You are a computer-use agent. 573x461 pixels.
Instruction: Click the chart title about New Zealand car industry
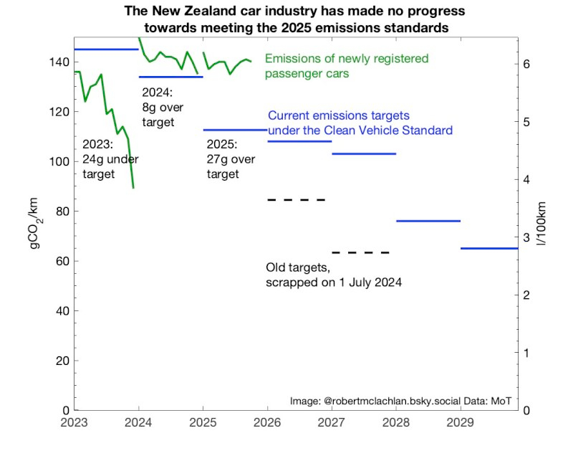294,20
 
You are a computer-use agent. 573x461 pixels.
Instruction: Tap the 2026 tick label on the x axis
267,422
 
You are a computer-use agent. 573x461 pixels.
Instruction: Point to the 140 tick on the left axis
61,62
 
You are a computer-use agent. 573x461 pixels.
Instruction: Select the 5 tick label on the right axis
526,122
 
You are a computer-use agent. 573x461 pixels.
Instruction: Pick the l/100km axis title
542,227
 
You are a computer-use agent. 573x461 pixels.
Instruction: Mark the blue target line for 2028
428,221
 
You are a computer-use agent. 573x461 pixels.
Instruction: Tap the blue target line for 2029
488,248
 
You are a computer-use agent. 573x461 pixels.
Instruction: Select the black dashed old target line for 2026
297,199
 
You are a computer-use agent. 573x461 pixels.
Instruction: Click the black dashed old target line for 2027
361,252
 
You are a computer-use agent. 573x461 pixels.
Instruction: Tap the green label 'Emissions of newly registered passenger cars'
347,65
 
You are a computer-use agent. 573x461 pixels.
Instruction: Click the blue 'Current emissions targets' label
360,123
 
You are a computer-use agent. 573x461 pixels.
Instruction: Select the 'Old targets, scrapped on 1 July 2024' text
333,275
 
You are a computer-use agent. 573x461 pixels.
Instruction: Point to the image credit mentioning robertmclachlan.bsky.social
401,400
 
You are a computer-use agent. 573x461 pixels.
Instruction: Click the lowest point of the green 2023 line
133,188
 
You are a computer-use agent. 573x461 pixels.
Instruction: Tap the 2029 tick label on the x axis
461,422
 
